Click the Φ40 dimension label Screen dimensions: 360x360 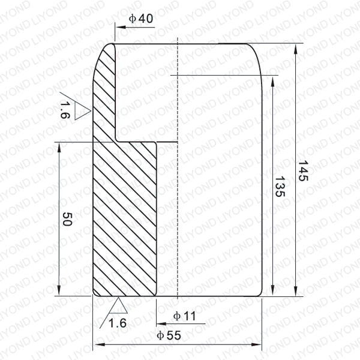point(141,19)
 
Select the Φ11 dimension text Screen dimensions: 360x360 point(185,316)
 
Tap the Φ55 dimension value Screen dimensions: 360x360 point(169,335)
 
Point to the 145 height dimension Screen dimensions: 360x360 point(303,171)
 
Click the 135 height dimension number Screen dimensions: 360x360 point(280,187)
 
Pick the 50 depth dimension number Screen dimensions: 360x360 point(67,219)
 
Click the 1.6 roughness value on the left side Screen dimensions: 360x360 point(65,110)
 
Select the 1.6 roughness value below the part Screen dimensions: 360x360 point(118,323)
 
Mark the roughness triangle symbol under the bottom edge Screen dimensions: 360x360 point(118,306)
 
